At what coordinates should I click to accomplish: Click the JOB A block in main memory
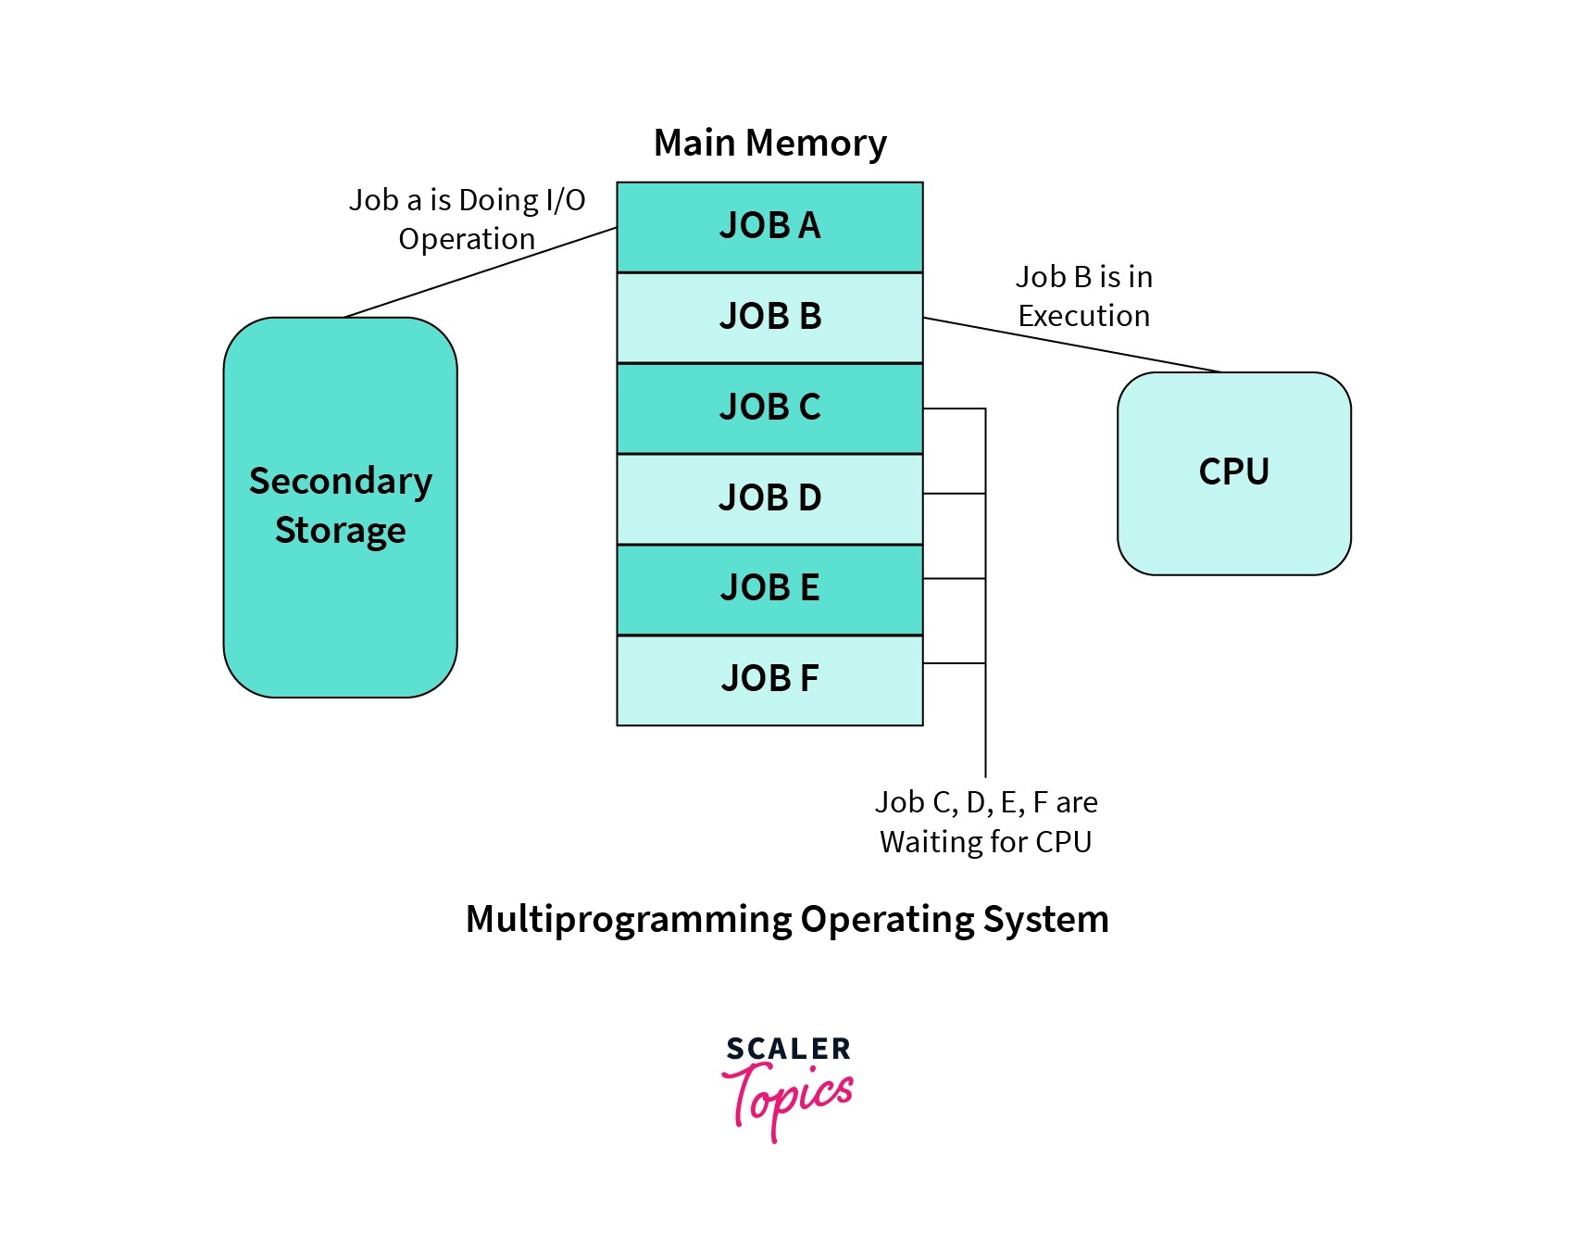[x=769, y=226]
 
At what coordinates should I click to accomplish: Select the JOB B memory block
[x=769, y=317]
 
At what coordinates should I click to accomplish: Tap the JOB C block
[x=769, y=408]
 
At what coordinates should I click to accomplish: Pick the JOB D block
[x=769, y=498]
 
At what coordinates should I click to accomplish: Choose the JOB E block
[x=769, y=588]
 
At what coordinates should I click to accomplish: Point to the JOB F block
[x=769, y=679]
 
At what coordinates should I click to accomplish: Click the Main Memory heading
[x=769, y=144]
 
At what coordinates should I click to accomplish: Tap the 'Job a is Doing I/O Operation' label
[x=467, y=219]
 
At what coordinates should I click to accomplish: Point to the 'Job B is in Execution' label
[x=1083, y=296]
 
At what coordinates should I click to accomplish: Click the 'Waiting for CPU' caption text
[x=985, y=842]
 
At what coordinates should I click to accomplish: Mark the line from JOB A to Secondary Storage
[x=481, y=272]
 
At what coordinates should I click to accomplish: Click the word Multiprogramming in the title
[x=630, y=920]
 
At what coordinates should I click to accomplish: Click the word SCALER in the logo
[x=788, y=1049]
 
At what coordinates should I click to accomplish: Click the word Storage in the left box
[x=340, y=531]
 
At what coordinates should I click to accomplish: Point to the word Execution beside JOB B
[x=1083, y=316]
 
